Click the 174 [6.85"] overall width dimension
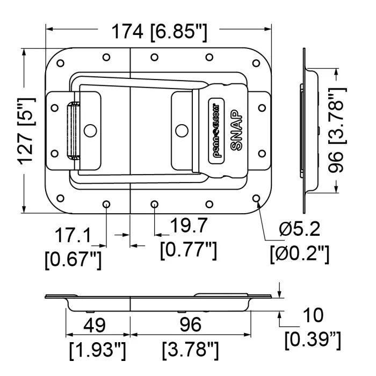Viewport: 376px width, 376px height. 159,32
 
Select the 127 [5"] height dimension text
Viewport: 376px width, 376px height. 26,131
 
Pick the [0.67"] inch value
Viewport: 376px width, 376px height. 73,259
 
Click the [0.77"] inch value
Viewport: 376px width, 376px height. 189,249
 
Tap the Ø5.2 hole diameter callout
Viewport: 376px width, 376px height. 299,229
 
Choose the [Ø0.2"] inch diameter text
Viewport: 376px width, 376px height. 299,253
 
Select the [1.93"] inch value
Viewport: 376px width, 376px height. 98,350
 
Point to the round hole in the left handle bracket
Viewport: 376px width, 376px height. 91,130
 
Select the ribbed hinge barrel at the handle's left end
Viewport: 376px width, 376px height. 70,131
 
